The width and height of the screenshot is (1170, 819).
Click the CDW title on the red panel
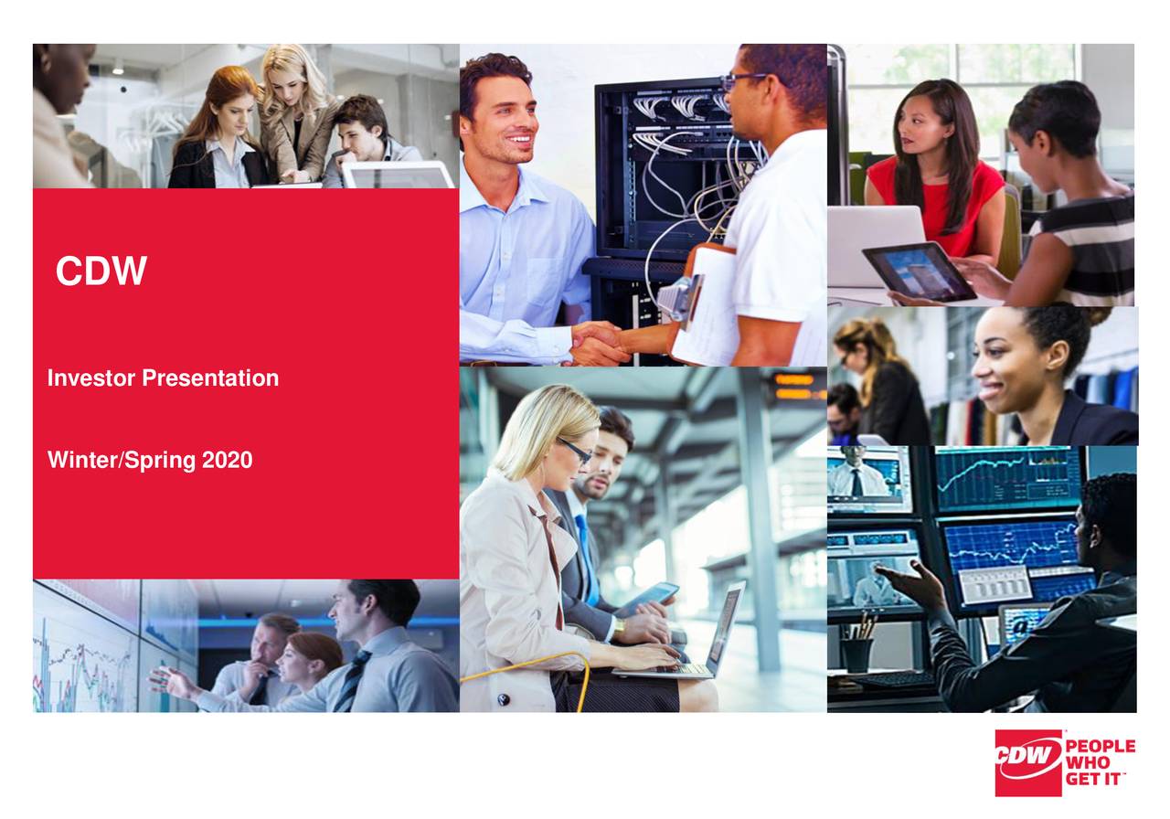pyautogui.click(x=101, y=271)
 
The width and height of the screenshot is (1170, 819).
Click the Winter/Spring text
pyautogui.click(x=122, y=461)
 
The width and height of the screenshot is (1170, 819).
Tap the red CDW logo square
pyautogui.click(x=1027, y=761)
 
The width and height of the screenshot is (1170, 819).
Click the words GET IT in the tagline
pyautogui.click(x=1094, y=778)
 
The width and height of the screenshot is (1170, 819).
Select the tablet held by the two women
pyautogui.click(x=919, y=271)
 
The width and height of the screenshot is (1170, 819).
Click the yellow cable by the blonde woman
pyautogui.click(x=530, y=667)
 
